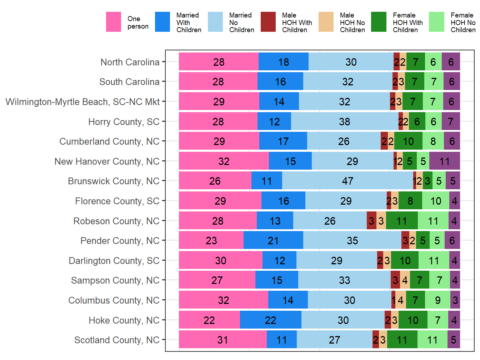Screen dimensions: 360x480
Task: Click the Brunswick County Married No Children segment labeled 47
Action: point(347,181)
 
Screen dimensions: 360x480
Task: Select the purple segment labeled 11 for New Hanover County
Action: point(444,161)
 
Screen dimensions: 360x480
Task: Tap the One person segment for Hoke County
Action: point(209,320)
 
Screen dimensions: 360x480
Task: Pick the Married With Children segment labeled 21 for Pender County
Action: point(273,240)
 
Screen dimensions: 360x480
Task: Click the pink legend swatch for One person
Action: point(113,22)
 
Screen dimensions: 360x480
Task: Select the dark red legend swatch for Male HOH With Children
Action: point(268,22)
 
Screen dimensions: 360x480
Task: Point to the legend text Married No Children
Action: point(241,22)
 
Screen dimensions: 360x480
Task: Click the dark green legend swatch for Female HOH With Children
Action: point(379,22)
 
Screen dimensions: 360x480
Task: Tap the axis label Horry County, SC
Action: point(124,122)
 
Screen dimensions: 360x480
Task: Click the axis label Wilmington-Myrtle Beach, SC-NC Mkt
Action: point(82,102)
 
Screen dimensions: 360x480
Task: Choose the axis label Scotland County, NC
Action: point(117,340)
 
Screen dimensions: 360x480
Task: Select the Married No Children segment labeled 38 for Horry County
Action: point(345,121)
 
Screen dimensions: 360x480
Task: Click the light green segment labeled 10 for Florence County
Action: point(435,201)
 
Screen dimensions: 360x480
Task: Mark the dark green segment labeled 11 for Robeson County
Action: point(401,221)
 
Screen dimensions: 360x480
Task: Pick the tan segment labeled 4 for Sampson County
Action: point(405,280)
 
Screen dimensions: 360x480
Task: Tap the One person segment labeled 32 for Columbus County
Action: point(224,300)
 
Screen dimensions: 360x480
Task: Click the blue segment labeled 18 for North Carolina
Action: point(284,62)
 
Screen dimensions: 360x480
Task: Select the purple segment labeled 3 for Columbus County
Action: point(455,300)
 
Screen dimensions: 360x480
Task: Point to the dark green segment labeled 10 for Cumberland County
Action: point(408,141)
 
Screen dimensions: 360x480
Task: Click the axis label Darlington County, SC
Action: point(114,261)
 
